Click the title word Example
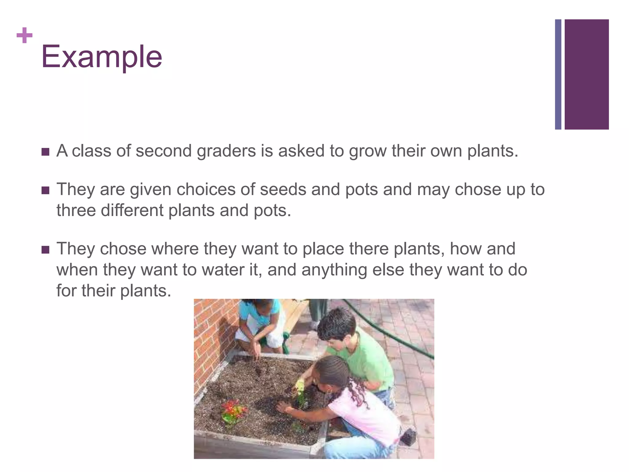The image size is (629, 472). tap(101, 57)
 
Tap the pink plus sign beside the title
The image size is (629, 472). tap(24, 36)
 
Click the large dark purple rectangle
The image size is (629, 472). tap(586, 74)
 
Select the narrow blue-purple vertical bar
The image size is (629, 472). tap(558, 74)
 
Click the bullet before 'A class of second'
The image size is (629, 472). tap(45, 152)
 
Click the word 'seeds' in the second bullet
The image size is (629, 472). tap(283, 189)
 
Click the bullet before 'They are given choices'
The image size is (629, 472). tap(45, 191)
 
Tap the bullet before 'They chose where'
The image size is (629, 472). tap(45, 250)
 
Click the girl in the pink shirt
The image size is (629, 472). tap(362, 409)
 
